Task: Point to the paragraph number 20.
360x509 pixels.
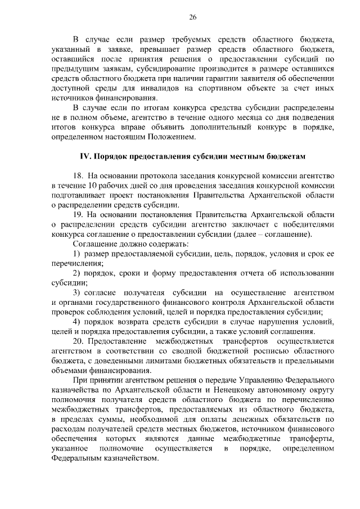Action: point(78,341)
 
